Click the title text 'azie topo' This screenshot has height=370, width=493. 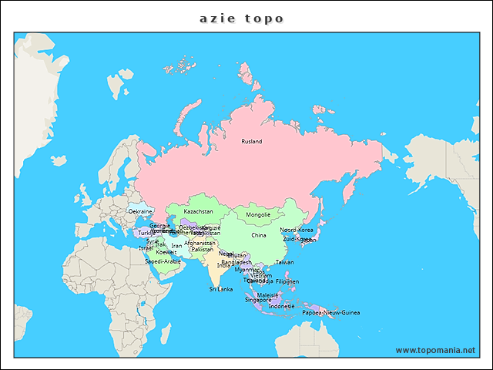point(242,18)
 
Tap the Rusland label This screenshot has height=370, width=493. point(252,142)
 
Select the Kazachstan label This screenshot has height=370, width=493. point(198,211)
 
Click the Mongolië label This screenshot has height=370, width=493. point(258,215)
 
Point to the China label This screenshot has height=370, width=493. point(259,236)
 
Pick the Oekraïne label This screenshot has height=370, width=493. point(140,211)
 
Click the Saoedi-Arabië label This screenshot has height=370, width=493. point(163,261)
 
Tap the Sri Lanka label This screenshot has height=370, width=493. point(221,289)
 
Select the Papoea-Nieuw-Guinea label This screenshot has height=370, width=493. point(330,313)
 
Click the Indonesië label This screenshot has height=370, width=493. point(282,306)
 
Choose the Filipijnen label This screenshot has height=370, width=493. point(287,282)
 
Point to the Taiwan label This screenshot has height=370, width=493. point(285,262)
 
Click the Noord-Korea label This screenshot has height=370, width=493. point(297,230)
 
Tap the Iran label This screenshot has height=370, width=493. point(176,246)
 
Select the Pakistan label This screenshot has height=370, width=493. point(203,250)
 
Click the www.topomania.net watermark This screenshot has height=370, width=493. point(435,350)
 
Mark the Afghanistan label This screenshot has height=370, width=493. point(200,243)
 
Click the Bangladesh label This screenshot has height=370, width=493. point(236,263)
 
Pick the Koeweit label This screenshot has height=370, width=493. point(166,252)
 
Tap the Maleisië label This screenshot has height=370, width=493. point(267,295)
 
